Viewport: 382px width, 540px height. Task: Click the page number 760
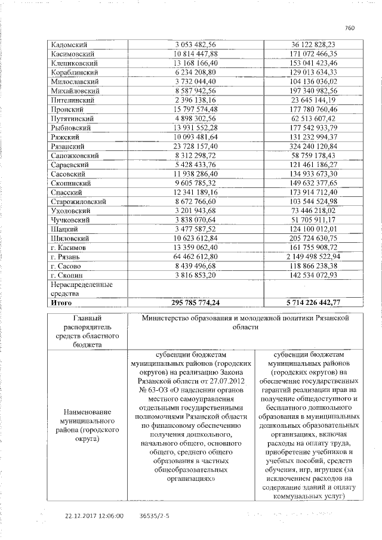pyautogui.click(x=350, y=27)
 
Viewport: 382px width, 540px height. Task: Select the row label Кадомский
pyautogui.click(x=68, y=44)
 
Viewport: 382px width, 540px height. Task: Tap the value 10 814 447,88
pyautogui.click(x=196, y=54)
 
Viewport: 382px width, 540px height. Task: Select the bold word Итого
pyautogui.click(x=63, y=303)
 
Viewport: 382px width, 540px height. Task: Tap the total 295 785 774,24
pyautogui.click(x=195, y=303)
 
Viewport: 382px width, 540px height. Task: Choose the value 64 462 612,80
pyautogui.click(x=196, y=256)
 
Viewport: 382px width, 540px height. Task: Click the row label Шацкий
pyautogui.click(x=65, y=229)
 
